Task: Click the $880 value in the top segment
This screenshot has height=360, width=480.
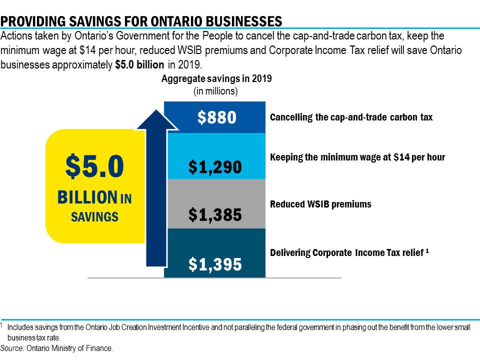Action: click(216, 117)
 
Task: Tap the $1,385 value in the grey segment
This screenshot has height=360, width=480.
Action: click(215, 215)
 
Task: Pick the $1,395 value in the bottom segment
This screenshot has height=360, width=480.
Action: click(215, 264)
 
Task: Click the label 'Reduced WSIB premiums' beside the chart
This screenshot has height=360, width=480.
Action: click(320, 204)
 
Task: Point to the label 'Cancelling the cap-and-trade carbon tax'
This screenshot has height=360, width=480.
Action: click(351, 117)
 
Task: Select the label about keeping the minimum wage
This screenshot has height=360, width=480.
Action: click(357, 157)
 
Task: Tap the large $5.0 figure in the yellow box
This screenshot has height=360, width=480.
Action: click(94, 167)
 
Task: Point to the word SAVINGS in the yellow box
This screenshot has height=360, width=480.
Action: click(94, 217)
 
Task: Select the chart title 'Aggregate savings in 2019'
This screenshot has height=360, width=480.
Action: click(216, 79)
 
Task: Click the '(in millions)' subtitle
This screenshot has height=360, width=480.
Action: click(215, 91)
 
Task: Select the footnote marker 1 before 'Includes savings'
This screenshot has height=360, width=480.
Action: click(2, 325)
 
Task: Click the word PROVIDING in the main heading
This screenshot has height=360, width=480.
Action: click(32, 21)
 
